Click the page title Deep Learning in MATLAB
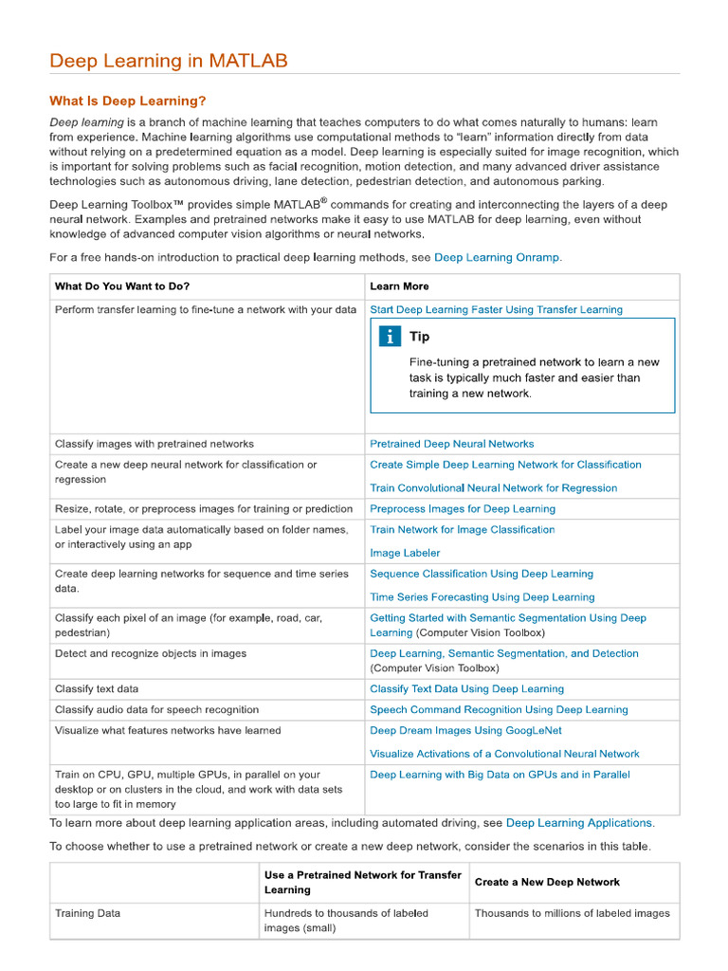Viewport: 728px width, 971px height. pos(168,62)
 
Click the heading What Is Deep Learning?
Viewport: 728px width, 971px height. pos(127,101)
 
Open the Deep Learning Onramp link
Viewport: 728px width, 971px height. pos(497,257)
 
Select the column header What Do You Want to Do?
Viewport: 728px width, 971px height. pos(121,286)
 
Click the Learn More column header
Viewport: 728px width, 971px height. pos(399,286)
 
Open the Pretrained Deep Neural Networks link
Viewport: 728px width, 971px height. pos(451,444)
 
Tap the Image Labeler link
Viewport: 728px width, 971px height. pos(405,553)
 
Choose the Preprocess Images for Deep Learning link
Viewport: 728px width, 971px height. pos(463,509)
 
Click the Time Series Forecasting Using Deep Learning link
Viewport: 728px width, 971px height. pos(482,597)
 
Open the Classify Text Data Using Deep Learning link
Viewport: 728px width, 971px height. pos(466,689)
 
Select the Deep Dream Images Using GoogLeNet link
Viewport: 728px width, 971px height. pos(465,730)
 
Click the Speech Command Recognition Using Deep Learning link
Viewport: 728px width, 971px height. pos(499,710)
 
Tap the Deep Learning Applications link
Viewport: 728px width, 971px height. pos(578,823)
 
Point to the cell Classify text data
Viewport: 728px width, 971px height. pos(97,689)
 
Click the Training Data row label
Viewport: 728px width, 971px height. pos(87,914)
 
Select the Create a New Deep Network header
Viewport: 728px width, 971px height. pos(547,882)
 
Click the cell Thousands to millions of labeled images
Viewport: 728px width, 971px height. pos(572,914)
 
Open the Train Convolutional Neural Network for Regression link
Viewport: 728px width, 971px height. pos(493,488)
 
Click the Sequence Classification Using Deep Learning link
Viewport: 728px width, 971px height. pos(481,574)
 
